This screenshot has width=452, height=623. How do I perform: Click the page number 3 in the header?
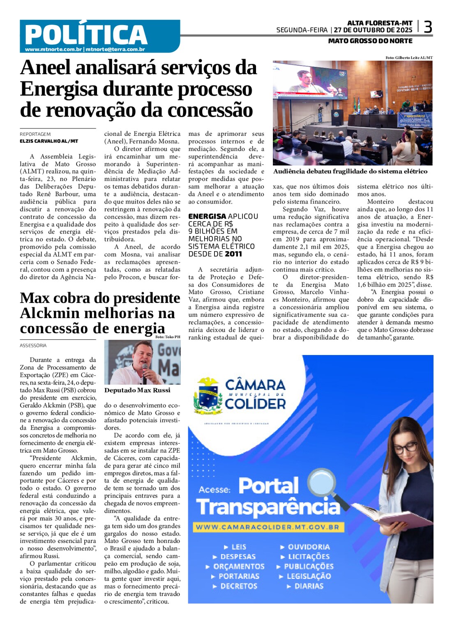428,27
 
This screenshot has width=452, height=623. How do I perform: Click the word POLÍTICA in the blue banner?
86,34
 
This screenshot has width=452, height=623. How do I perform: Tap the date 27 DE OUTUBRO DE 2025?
373,30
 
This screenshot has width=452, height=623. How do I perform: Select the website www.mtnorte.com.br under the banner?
53,50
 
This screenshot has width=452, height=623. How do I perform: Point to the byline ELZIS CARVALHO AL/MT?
49,141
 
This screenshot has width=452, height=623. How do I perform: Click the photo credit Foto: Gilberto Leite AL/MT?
408,58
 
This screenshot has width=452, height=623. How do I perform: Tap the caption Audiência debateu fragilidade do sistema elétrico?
350,172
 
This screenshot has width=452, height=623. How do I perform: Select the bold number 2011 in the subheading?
233,254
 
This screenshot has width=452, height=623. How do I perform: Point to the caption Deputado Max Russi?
137,390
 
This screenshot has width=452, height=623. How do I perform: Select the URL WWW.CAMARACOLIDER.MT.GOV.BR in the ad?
267,527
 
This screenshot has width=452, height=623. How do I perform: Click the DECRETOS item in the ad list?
238,586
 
